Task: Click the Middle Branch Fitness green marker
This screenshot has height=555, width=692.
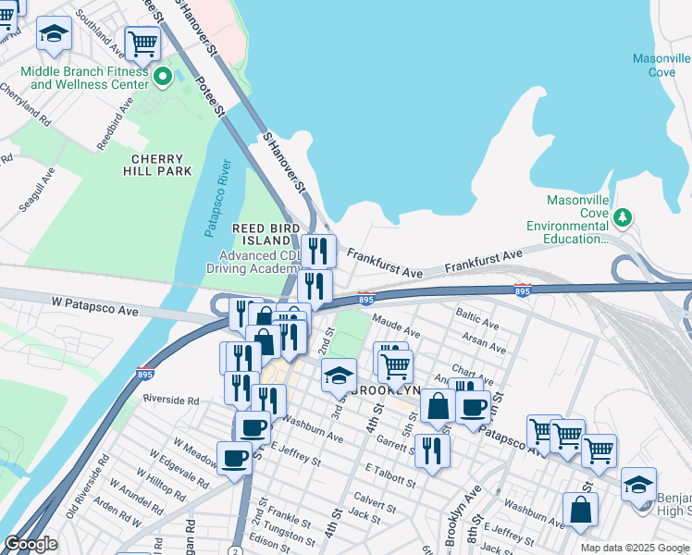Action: (x=163, y=77)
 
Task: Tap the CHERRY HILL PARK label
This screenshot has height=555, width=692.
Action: (x=156, y=164)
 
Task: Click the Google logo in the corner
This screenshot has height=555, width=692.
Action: (x=31, y=544)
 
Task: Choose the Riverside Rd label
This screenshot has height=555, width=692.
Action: (x=171, y=401)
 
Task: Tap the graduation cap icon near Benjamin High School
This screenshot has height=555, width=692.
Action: (x=637, y=484)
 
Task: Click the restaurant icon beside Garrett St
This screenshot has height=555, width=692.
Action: (x=432, y=450)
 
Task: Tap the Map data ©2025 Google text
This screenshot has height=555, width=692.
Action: (x=634, y=548)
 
